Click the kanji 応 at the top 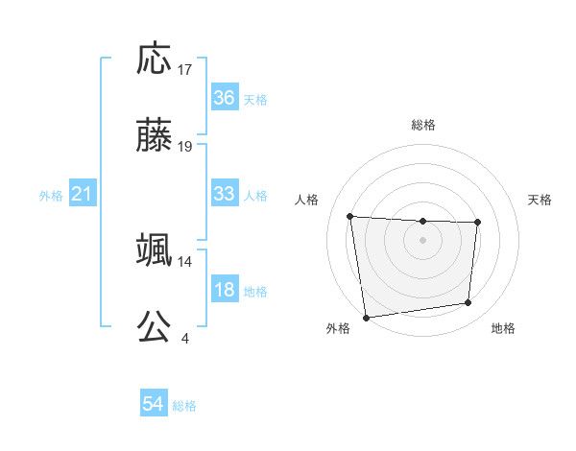pos(155,60)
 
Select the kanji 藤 pos(155,137)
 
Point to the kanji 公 pos(155,327)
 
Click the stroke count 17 pos(185,70)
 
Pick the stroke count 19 pos(185,147)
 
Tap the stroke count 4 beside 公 pos(185,338)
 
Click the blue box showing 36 pos(224,98)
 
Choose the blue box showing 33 pos(224,194)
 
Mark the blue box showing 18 pos(224,290)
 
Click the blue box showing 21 pos(83,194)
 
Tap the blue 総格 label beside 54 pos(184,406)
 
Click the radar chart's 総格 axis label pos(423,125)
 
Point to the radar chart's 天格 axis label pos(540,200)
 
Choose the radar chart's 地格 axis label pos(503,328)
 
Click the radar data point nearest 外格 pos(366,317)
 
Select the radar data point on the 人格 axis pos(350,216)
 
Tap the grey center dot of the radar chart pos(423,239)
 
